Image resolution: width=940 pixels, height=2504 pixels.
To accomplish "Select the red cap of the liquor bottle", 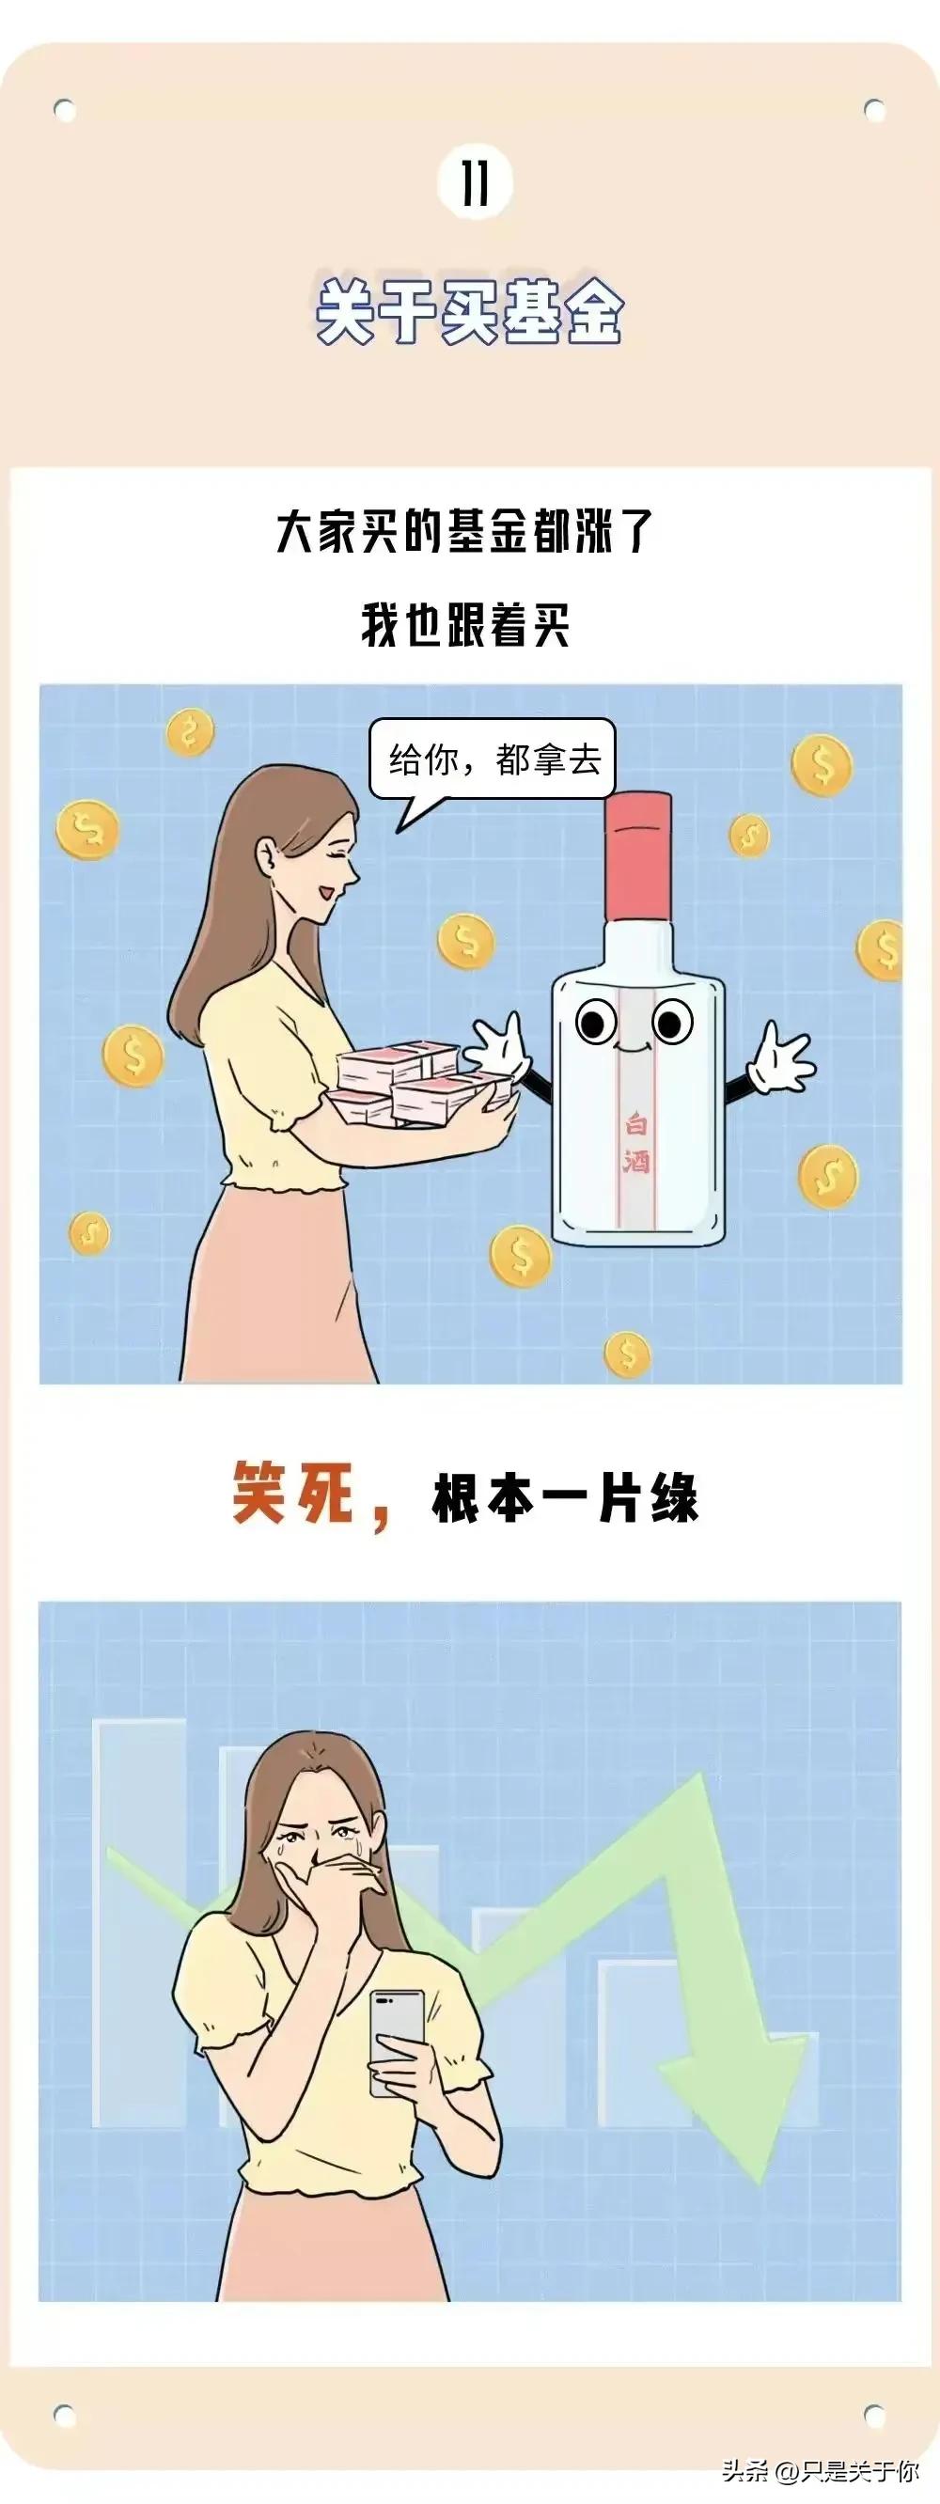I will click(x=637, y=855).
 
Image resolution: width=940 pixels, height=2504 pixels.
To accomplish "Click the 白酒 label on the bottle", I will click(x=635, y=1143).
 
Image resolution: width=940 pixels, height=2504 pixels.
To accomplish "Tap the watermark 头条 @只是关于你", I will click(x=819, y=2469).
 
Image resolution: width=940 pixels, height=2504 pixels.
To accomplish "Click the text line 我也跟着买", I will click(x=465, y=624).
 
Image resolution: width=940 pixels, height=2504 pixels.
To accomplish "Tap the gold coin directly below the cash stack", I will click(x=520, y=1255).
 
